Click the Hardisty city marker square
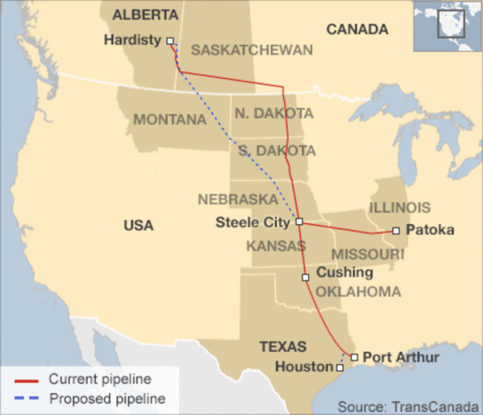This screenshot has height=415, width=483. pyautogui.click(x=170, y=41)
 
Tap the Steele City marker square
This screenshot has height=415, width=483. pyautogui.click(x=299, y=222)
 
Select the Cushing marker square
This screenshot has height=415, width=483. pyautogui.click(x=306, y=278)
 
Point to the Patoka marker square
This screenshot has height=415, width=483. pyautogui.click(x=396, y=231)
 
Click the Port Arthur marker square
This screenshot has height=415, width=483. pyautogui.click(x=354, y=356)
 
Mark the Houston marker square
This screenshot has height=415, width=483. pyautogui.click(x=339, y=367)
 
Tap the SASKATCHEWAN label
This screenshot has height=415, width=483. pyautogui.click(x=252, y=50)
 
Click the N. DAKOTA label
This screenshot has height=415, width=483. pyautogui.click(x=274, y=114)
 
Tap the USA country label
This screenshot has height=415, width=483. pyautogui.click(x=138, y=226)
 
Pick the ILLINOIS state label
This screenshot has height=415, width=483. pyautogui.click(x=399, y=207)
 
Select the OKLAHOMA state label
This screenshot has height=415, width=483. pyautogui.click(x=358, y=292)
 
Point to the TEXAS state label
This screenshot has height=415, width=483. pyautogui.click(x=283, y=347)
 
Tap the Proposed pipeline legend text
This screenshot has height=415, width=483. pyautogui.click(x=106, y=399)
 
